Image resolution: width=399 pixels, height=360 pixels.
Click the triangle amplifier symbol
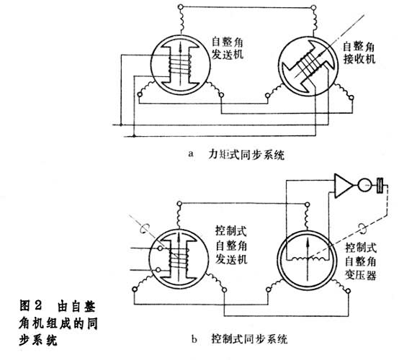tap(342, 186)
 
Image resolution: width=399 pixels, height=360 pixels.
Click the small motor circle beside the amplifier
tap(365, 185)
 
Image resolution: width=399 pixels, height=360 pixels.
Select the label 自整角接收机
tap(359, 53)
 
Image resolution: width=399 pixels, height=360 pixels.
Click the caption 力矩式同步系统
tap(246, 154)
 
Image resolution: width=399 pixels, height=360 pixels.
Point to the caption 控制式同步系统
tap(249, 339)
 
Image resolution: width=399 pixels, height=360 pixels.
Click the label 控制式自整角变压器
tap(361, 261)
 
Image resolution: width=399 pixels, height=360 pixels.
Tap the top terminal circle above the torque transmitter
tap(181, 7)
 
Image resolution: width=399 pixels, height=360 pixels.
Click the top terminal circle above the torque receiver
tap(314, 7)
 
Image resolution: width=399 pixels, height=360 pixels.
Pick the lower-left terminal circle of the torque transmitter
tap(139, 94)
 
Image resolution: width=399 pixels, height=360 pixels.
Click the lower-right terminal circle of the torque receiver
tap(351, 97)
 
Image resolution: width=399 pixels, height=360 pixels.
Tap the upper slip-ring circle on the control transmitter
tap(160, 248)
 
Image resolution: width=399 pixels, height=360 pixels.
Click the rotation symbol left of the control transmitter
tap(143, 228)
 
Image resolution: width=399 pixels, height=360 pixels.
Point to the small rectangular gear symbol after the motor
tap(380, 186)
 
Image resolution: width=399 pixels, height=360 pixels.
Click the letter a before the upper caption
tap(191, 154)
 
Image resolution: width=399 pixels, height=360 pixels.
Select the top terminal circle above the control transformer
tap(307, 204)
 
